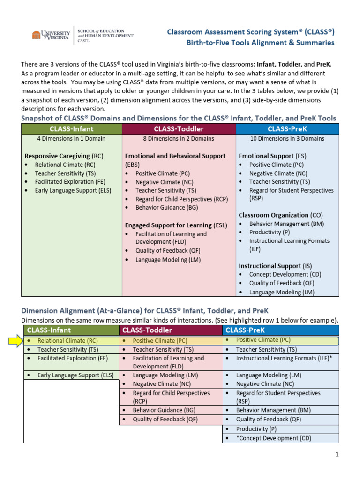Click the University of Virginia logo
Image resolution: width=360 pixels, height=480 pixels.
[x=51, y=35]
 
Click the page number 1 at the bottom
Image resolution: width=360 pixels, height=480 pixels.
[x=337, y=454]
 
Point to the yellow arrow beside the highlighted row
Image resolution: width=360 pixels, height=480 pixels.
[x=15, y=341]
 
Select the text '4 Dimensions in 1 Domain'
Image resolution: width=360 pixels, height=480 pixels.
[x=71, y=138]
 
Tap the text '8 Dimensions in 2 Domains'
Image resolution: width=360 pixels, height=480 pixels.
[x=179, y=138]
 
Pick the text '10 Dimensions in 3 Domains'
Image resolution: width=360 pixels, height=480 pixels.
[x=287, y=138]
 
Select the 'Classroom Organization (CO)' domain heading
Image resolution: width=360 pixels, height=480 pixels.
[x=274, y=215]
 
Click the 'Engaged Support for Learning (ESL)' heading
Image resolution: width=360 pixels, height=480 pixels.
[x=176, y=225]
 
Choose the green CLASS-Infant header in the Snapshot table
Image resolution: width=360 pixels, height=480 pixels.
[x=71, y=128]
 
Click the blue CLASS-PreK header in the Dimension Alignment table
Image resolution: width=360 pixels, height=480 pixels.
[x=280, y=330]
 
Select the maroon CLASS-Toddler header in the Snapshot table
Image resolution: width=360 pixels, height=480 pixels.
[x=179, y=128]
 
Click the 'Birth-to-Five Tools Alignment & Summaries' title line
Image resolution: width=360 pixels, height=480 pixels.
[x=261, y=43]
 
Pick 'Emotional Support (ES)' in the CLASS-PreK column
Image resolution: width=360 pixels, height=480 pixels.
[x=266, y=156]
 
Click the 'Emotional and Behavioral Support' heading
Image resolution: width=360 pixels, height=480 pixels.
[x=175, y=156]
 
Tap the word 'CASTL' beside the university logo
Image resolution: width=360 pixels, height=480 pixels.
[x=82, y=41]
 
